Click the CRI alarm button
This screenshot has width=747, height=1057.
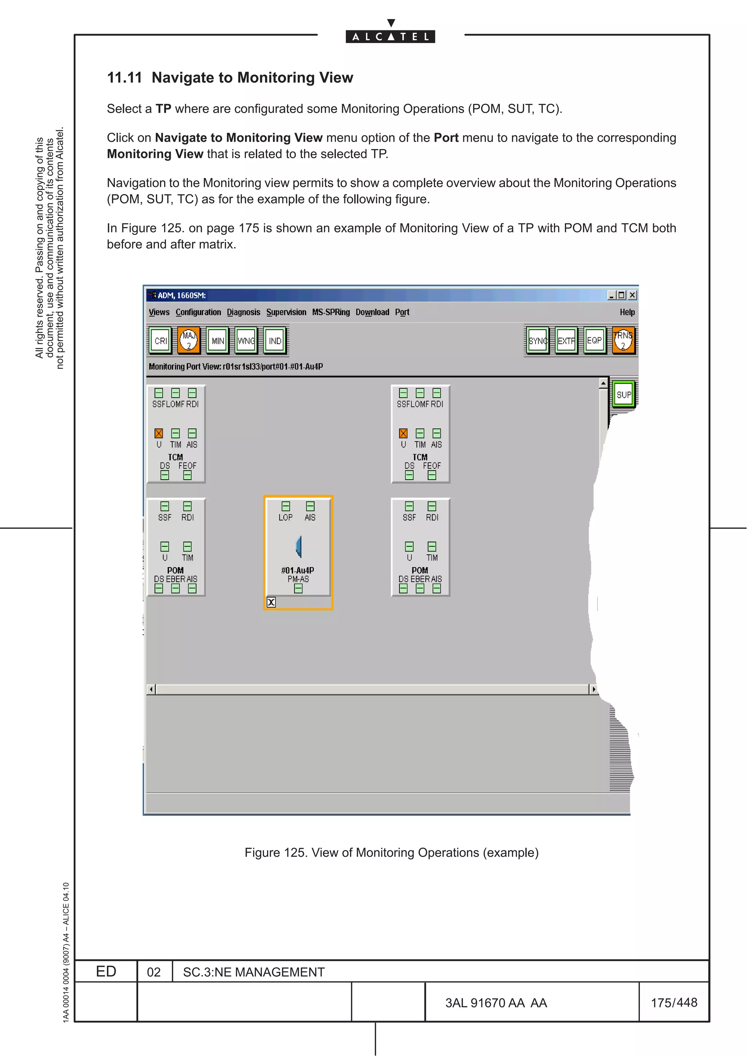tap(160, 341)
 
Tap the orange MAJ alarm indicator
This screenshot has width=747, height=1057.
tap(189, 341)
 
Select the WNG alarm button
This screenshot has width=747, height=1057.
tap(246, 341)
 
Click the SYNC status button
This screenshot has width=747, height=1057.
tap(538, 341)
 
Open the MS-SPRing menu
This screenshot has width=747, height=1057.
tap(330, 312)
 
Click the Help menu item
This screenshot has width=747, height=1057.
tap(627, 312)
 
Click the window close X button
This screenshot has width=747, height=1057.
tap(633, 295)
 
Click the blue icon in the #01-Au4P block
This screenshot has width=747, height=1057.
tap(298, 546)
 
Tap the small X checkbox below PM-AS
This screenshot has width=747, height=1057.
tap(271, 602)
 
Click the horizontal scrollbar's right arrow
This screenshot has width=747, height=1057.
tap(594, 689)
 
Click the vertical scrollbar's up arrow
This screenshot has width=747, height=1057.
tap(603, 383)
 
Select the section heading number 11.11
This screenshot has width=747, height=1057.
tap(124, 78)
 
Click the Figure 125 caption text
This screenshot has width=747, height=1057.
tap(391, 853)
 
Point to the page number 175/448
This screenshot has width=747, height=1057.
tap(674, 1003)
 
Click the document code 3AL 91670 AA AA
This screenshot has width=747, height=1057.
tap(496, 1003)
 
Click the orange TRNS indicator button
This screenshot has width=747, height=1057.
tap(623, 341)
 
